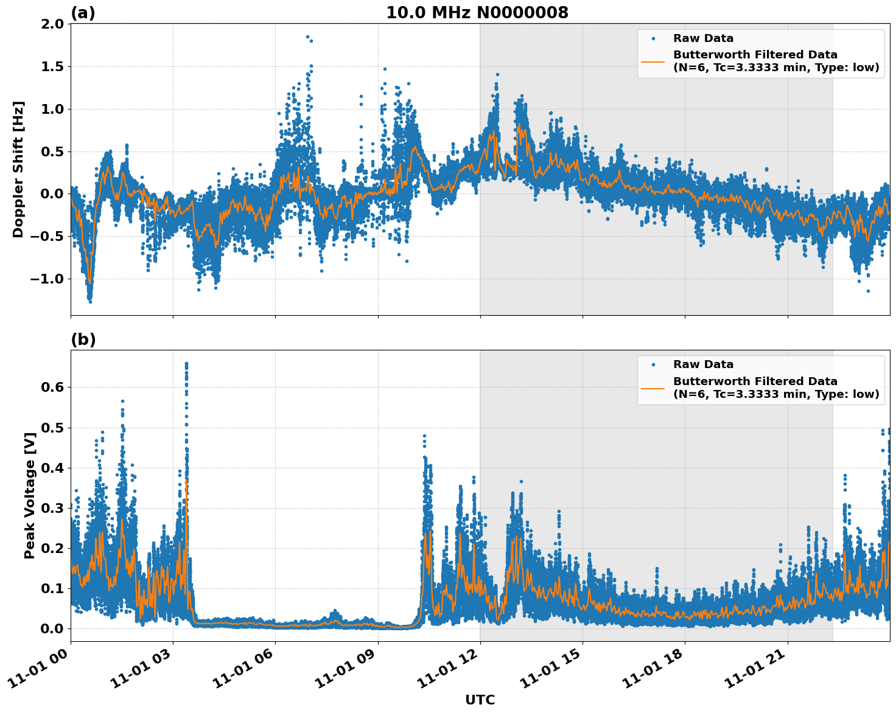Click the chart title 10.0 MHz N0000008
click(x=477, y=13)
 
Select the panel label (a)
click(x=83, y=13)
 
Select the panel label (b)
click(x=83, y=339)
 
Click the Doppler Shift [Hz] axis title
click(x=18, y=169)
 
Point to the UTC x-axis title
click(x=480, y=700)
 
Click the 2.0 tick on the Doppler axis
click(x=52, y=24)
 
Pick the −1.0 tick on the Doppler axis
click(x=47, y=279)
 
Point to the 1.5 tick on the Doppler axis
click(x=52, y=67)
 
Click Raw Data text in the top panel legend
click(x=703, y=38)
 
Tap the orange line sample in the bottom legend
click(x=653, y=388)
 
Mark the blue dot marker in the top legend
click(x=653, y=38)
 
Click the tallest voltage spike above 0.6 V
click(x=186, y=364)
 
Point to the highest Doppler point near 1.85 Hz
click(x=307, y=37)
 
